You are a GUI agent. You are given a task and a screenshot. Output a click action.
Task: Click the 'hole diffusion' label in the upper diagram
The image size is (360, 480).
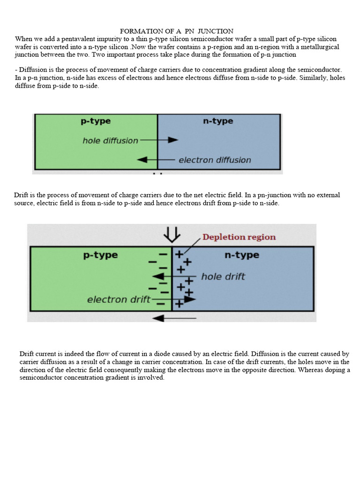point(110,140)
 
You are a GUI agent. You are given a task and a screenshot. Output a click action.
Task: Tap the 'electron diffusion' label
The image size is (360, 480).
point(215,160)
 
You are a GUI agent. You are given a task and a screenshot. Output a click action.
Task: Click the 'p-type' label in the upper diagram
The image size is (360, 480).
point(96,121)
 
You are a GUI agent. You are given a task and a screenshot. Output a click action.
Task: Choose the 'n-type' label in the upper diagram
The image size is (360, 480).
point(218,121)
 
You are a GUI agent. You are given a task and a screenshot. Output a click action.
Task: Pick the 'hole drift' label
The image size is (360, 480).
point(223,277)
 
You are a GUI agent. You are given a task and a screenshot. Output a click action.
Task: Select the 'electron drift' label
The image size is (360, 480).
point(119,300)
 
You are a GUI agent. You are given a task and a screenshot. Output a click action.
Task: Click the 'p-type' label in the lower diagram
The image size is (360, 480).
point(100,255)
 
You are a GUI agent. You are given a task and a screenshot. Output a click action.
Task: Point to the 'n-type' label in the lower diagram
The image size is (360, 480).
point(242,255)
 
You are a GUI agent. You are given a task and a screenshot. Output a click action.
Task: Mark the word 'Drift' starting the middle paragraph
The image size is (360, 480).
point(22,195)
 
